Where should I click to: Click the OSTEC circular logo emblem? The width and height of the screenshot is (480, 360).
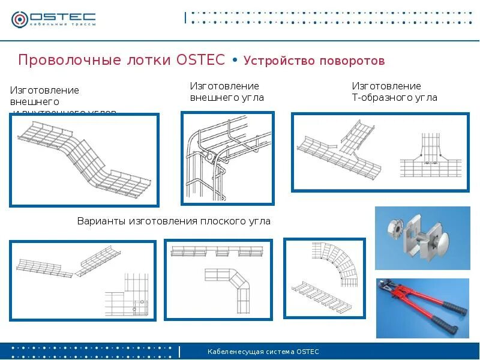pyautogui.click(x=20, y=19)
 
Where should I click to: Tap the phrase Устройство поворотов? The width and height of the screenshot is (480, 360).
pyautogui.click(x=314, y=61)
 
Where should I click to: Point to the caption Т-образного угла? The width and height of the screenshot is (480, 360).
pyautogui.click(x=394, y=97)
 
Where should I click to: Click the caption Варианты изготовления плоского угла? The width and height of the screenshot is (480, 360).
pyautogui.click(x=174, y=221)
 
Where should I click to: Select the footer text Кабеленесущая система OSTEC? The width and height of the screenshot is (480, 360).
pyautogui.click(x=263, y=352)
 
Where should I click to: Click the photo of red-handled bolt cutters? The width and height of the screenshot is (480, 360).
pyautogui.click(x=422, y=308)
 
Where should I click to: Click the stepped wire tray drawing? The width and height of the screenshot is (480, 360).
pyautogui.click(x=84, y=160)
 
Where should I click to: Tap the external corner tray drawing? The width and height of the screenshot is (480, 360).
pyautogui.click(x=227, y=158)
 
